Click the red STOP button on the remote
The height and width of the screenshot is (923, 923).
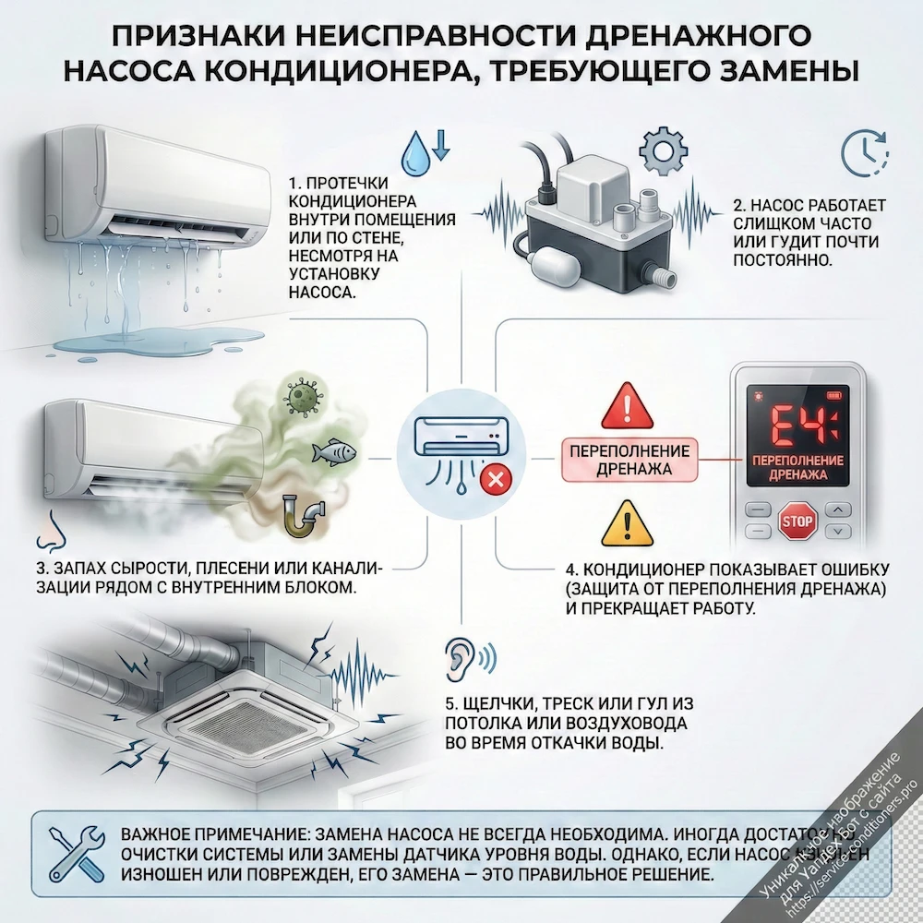click(x=797, y=522)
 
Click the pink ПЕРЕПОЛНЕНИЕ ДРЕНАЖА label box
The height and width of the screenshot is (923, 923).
click(x=630, y=460)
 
